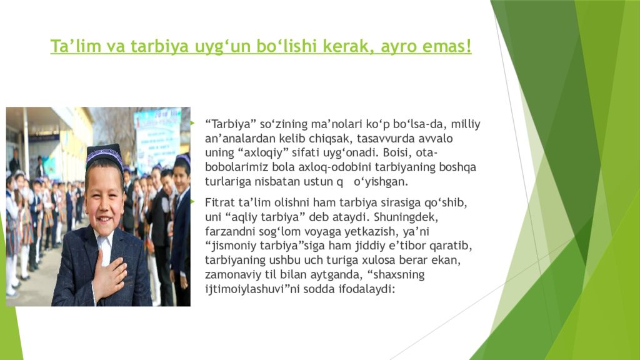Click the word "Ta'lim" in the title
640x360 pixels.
click(70, 47)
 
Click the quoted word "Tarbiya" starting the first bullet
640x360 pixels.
click(227, 124)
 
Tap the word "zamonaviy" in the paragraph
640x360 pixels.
click(230, 274)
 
